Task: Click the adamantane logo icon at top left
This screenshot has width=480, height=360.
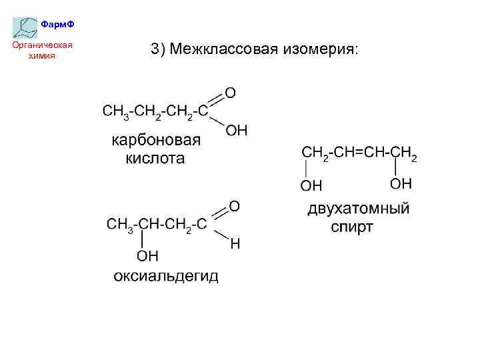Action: [25, 27]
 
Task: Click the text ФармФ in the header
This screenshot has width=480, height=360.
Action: [57, 25]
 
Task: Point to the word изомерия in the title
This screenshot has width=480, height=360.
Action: [319, 49]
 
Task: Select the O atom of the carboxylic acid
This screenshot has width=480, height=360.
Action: [229, 91]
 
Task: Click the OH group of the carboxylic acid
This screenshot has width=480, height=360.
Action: [236, 130]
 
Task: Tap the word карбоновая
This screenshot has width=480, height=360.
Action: [156, 140]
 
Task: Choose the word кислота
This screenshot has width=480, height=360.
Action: [155, 159]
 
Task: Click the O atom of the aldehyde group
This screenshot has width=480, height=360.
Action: [235, 207]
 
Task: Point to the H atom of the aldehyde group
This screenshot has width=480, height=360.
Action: [235, 245]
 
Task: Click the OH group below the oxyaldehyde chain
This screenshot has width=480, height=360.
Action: [147, 255]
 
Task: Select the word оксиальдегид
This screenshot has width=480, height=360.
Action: [165, 276]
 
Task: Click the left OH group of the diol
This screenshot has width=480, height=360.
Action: [311, 184]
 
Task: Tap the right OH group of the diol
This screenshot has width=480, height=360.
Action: [401, 183]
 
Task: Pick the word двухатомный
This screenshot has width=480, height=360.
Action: [358, 209]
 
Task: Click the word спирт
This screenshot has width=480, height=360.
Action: [352, 227]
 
